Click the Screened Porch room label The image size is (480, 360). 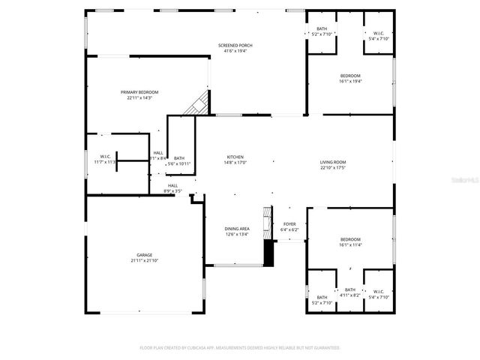[235, 46]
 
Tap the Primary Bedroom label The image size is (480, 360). [139, 92]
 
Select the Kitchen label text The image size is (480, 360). [235, 157]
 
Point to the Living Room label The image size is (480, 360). [332, 162]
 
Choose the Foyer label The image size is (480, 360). [289, 224]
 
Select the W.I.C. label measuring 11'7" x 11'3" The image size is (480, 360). [105, 157]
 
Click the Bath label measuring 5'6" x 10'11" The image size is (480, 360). [179, 158]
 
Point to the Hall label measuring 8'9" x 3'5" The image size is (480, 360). [172, 185]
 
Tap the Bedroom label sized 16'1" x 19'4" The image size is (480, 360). [350, 76]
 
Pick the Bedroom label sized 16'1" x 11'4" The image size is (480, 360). [350, 239]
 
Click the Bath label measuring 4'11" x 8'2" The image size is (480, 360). [350, 290]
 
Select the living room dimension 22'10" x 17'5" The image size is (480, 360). [332, 167]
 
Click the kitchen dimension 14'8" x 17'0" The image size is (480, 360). [235, 162]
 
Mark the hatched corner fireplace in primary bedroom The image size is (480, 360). [196, 104]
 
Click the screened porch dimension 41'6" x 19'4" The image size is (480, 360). [235, 51]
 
